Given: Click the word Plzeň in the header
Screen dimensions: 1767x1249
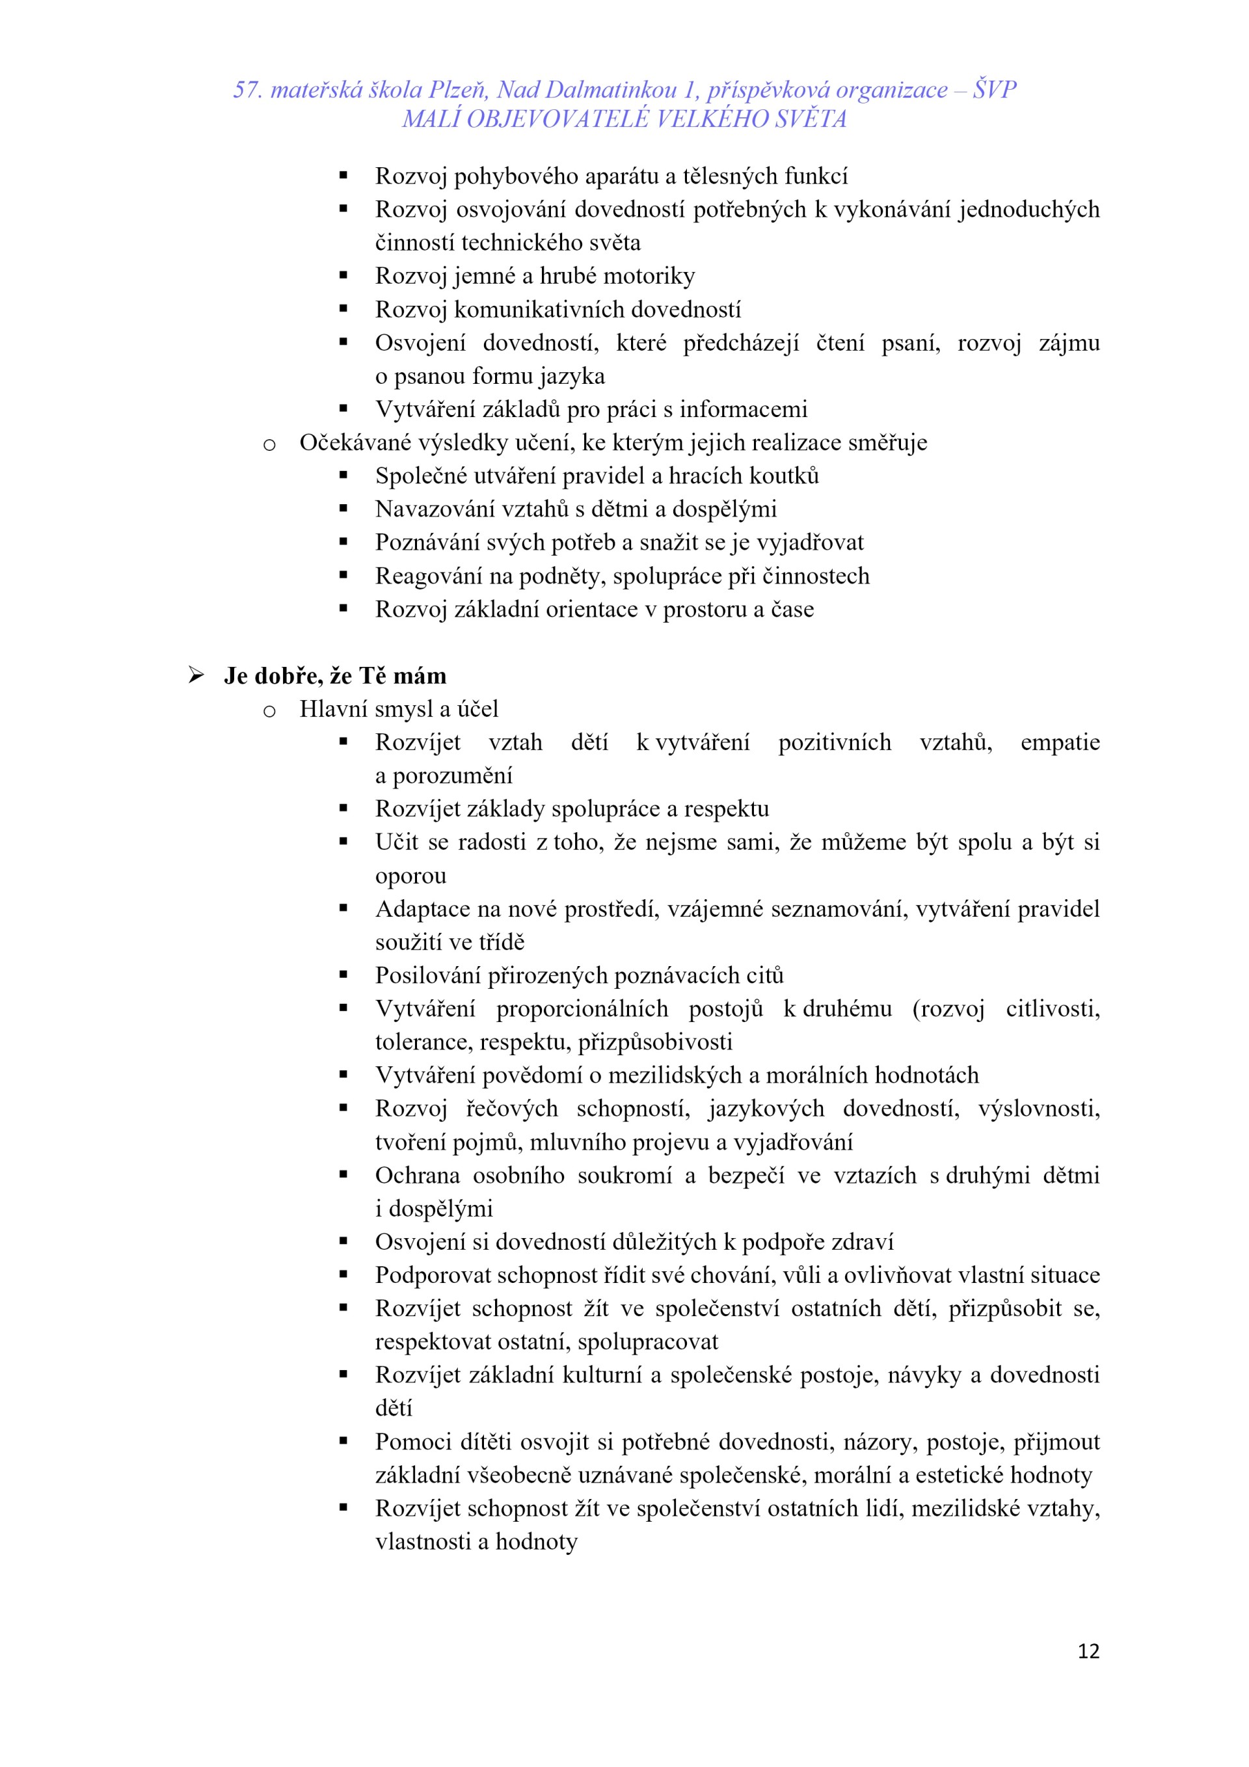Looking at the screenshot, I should [x=457, y=90].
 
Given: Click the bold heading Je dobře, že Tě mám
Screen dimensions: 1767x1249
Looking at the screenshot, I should [x=335, y=676].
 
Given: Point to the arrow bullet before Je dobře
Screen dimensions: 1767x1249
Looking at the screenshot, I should [x=196, y=676].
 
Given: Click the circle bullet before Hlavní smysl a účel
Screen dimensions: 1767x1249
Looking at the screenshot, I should [x=269, y=711].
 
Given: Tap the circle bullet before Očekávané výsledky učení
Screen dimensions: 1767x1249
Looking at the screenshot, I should [x=269, y=445].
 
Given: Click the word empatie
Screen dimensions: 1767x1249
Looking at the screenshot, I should [x=1060, y=743].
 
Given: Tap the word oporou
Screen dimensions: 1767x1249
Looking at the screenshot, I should [x=410, y=876].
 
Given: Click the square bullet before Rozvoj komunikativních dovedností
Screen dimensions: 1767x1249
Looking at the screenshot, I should [x=343, y=310].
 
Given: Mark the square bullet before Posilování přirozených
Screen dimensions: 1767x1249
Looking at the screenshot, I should [x=343, y=975].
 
